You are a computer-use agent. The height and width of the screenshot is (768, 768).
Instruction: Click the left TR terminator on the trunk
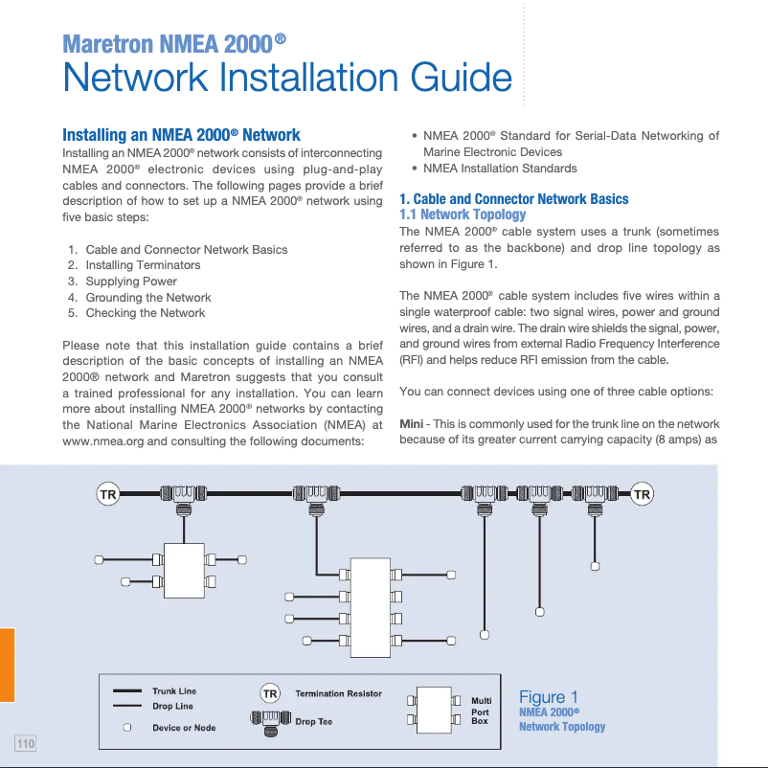click(108, 494)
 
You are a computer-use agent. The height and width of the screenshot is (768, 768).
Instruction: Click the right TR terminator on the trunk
click(642, 494)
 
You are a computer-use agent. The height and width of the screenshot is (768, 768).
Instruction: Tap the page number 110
click(25, 743)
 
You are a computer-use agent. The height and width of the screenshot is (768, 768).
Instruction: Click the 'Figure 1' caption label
click(548, 697)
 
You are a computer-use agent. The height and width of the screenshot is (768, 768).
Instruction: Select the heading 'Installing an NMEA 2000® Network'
click(181, 135)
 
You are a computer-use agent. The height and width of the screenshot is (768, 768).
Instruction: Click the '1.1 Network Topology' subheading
click(463, 215)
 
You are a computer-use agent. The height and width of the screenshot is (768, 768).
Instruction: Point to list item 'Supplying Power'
click(131, 282)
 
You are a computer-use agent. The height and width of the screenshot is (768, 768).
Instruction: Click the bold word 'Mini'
click(411, 424)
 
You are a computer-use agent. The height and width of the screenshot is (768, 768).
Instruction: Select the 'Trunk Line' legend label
click(174, 690)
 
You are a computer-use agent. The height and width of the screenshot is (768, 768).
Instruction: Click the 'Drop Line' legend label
click(172, 707)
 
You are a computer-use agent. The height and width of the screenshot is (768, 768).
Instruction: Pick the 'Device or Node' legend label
click(184, 728)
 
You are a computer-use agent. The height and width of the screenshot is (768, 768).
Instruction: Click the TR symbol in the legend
click(270, 693)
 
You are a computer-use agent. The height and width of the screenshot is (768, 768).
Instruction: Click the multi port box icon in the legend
click(437, 711)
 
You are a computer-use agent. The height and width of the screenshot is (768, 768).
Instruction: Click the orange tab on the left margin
click(7, 665)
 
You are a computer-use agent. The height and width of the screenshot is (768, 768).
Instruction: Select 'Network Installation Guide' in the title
click(287, 77)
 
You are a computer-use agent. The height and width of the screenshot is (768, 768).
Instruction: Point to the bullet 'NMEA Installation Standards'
click(500, 169)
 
